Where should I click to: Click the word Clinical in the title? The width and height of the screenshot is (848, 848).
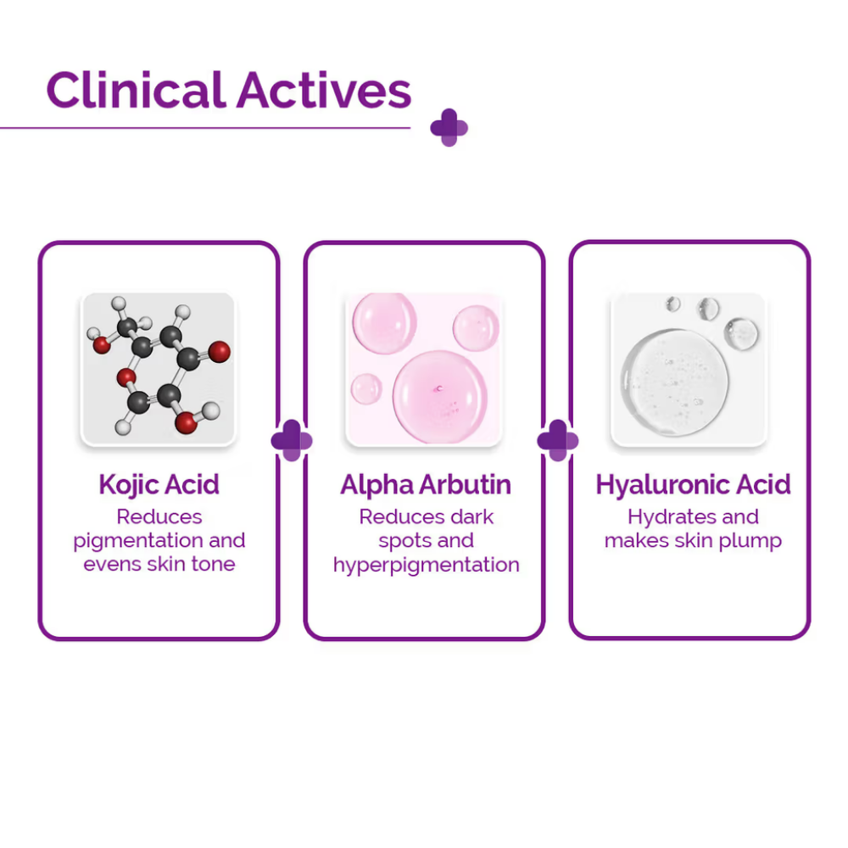pyautogui.click(x=136, y=90)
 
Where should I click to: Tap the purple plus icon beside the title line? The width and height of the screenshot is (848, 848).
pyautogui.click(x=449, y=127)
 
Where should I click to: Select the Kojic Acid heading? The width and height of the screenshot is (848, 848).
pyautogui.click(x=159, y=485)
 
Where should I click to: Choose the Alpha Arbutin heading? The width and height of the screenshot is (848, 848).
pyautogui.click(x=426, y=485)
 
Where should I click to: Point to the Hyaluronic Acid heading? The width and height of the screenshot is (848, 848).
pyautogui.click(x=693, y=485)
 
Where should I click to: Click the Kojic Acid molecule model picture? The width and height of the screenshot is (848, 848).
pyautogui.click(x=159, y=368)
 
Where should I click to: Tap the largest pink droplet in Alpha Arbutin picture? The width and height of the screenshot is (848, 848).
pyautogui.click(x=440, y=395)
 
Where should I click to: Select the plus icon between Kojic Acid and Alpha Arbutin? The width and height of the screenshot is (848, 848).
pyautogui.click(x=292, y=441)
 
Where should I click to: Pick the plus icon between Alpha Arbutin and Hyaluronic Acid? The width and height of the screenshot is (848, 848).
pyautogui.click(x=558, y=441)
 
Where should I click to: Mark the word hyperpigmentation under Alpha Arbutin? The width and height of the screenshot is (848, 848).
pyautogui.click(x=426, y=565)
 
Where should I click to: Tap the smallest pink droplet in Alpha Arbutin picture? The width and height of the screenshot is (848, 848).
pyautogui.click(x=367, y=388)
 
